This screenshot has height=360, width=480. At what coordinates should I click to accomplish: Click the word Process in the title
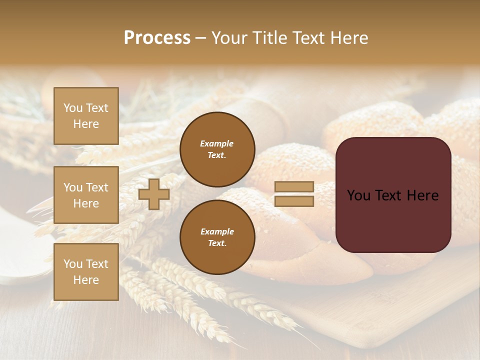pos(157,38)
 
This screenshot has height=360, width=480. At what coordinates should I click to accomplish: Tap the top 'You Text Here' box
pos(86,116)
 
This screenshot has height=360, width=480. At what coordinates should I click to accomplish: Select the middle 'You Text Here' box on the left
pos(86,195)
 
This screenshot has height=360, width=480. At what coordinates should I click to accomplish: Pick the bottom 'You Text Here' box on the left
pos(86,272)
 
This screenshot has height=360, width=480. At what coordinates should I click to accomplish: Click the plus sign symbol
pos(154,194)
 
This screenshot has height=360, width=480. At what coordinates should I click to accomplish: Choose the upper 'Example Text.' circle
pos(217,149)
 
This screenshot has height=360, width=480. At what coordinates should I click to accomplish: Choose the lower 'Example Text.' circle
pos(217,237)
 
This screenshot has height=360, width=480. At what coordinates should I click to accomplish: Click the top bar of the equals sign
pos(294,186)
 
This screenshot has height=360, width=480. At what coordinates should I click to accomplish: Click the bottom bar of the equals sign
pos(294,201)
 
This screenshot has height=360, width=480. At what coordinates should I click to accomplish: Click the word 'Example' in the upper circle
pos(217,143)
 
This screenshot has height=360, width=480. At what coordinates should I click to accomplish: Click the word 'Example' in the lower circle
pos(217,231)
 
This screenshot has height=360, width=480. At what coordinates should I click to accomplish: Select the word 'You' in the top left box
pos(73,108)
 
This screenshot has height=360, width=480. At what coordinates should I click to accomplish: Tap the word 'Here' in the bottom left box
pos(86,280)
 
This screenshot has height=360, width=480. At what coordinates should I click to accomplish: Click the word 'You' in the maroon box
pos(359,195)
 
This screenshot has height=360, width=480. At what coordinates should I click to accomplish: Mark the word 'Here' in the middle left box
pos(86,203)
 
